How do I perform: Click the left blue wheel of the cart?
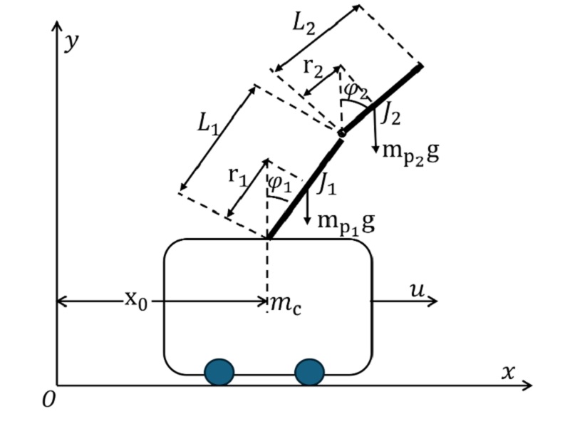[x=219, y=372]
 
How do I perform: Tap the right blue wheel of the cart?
[x=309, y=372]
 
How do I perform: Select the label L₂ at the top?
[x=305, y=24]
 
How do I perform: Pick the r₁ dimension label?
[x=239, y=175]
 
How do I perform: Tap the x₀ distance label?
[x=137, y=299]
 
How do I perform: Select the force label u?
[x=418, y=290]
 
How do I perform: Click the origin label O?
[x=48, y=400]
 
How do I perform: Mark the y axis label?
[x=71, y=41]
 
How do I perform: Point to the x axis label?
[x=508, y=371]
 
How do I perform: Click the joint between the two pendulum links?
[x=342, y=133]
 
